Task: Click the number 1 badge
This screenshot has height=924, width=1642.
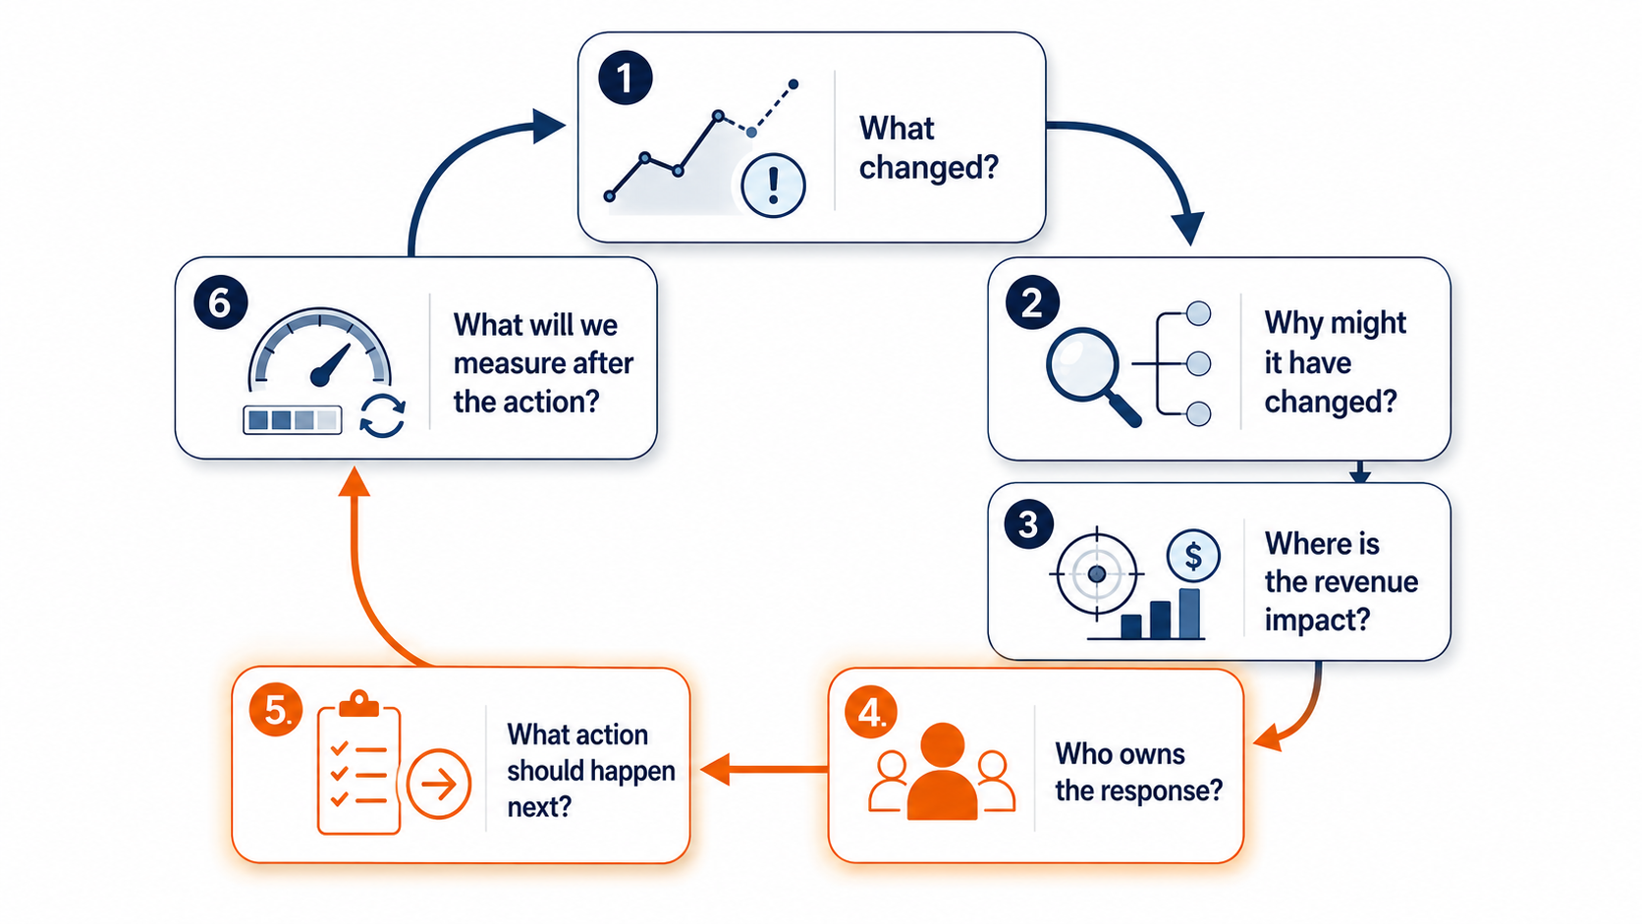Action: pyautogui.click(x=626, y=78)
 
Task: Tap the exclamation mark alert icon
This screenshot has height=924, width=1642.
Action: pyautogui.click(x=773, y=186)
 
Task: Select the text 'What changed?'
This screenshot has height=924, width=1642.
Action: pyautogui.click(x=929, y=148)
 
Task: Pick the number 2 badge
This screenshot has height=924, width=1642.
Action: pyautogui.click(x=1032, y=302)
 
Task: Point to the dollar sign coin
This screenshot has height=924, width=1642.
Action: pyautogui.click(x=1193, y=556)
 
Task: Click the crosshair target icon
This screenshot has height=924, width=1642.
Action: pyautogui.click(x=1097, y=573)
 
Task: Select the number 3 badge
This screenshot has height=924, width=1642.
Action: pyautogui.click(x=1028, y=524)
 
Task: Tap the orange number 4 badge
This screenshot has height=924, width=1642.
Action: pyautogui.click(x=871, y=712)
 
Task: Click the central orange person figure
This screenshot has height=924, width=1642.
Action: pyautogui.click(x=942, y=771)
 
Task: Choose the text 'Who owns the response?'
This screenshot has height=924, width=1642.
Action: pyautogui.click(x=1138, y=773)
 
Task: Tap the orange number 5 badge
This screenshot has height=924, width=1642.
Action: pyautogui.click(x=276, y=709)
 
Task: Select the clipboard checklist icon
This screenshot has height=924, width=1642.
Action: pyautogui.click(x=358, y=762)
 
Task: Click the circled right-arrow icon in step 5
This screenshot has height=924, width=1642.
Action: pyautogui.click(x=438, y=784)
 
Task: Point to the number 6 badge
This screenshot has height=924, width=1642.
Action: pyautogui.click(x=221, y=302)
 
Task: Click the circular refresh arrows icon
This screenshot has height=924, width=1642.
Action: pyautogui.click(x=382, y=415)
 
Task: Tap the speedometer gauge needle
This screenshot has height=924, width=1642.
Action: pyautogui.click(x=330, y=364)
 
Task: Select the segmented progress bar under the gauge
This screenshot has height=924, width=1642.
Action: pyautogui.click(x=293, y=420)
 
